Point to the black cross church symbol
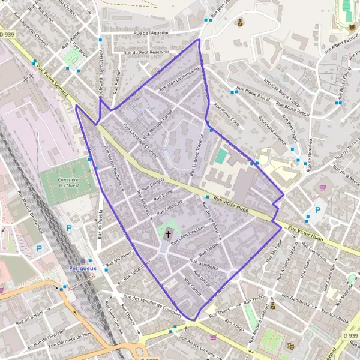(168, 233)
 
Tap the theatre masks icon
(291, 346)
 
